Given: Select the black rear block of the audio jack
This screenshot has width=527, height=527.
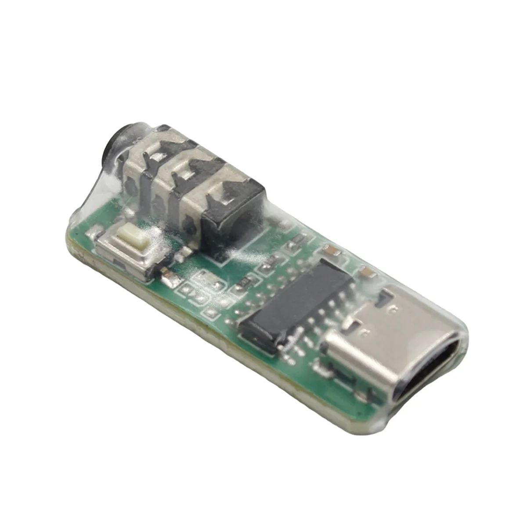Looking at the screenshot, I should coord(237,215).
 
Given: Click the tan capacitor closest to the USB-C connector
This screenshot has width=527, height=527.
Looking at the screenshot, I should coord(368,274).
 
